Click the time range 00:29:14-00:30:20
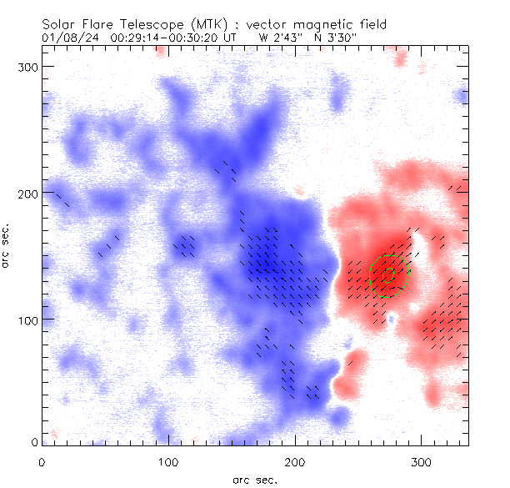coord(172,38)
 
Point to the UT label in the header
coord(237,38)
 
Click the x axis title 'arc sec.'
coord(255,480)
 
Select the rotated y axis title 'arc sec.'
coord(7,245)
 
